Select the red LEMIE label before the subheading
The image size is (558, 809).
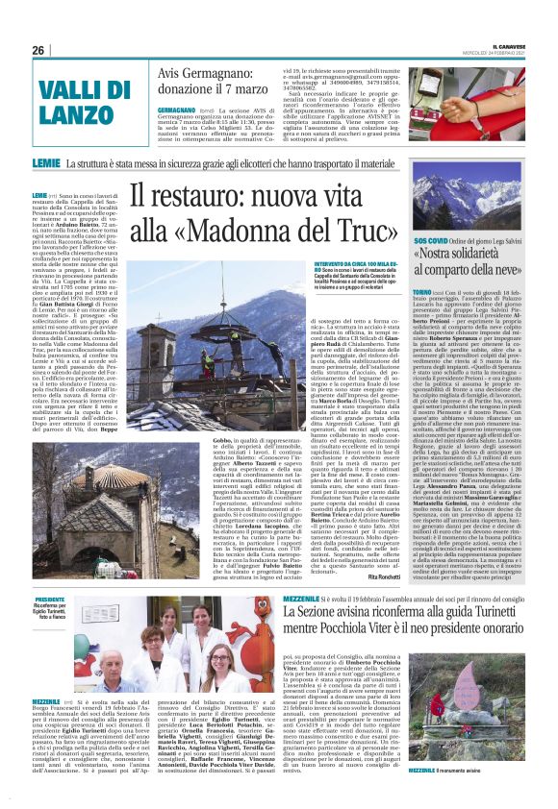(45, 164)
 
